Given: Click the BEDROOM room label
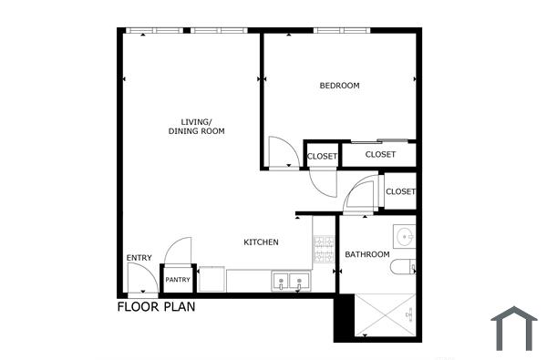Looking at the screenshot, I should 339,86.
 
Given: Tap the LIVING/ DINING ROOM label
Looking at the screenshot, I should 196,127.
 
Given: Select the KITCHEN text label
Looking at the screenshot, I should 261,242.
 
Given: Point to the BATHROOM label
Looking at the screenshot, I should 366,254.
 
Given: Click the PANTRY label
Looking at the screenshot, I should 178,280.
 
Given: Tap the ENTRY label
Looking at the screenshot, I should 139,258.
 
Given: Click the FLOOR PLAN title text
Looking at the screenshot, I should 156,307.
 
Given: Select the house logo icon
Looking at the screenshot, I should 514,328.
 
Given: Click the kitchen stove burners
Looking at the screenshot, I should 324,248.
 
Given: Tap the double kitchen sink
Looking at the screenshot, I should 291,282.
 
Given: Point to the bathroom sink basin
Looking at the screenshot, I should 405,235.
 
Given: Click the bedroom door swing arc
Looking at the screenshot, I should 283,152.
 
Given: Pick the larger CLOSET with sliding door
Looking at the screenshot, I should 380,155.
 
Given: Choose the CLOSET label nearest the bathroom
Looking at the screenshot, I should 400,191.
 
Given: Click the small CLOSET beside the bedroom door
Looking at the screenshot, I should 322,157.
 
